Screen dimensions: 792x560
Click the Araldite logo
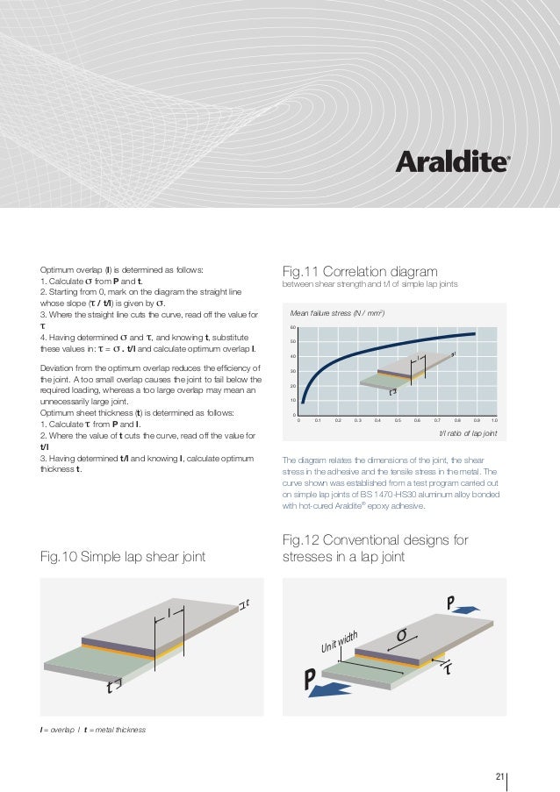[x=451, y=162]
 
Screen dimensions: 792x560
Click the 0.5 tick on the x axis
[x=398, y=421]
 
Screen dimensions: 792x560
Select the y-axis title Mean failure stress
[x=339, y=312]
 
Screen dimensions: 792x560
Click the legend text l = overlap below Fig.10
[x=58, y=730]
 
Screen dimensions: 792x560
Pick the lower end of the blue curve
[x=303, y=401]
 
